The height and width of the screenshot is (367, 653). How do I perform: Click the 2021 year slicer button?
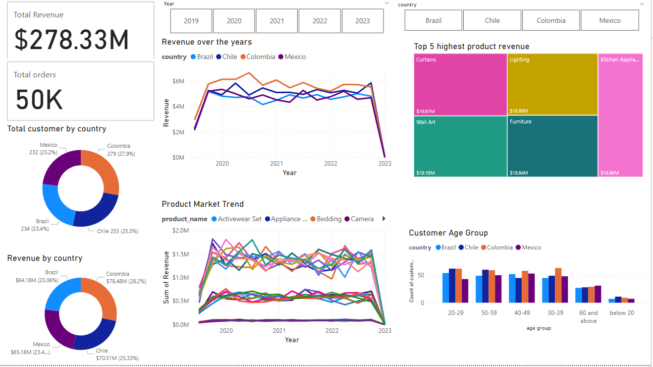tap(277, 21)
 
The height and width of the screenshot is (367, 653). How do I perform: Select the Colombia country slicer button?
tap(550, 20)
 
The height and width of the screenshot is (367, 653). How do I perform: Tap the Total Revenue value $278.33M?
tap(71, 40)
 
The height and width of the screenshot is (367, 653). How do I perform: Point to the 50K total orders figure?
tap(39, 100)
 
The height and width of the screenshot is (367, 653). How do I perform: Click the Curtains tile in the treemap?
tap(460, 84)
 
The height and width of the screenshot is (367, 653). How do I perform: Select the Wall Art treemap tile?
tap(460, 146)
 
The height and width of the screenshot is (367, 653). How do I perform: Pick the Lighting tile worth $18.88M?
tap(552, 84)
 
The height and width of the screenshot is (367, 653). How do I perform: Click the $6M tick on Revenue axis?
tap(177, 81)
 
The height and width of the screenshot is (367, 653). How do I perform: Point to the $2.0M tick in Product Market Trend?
tap(180, 230)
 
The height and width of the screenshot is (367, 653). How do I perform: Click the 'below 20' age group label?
tap(621, 313)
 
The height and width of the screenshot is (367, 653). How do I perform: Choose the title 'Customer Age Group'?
tap(448, 233)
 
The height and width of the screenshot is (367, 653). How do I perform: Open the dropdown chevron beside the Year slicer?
tap(387, 3)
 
